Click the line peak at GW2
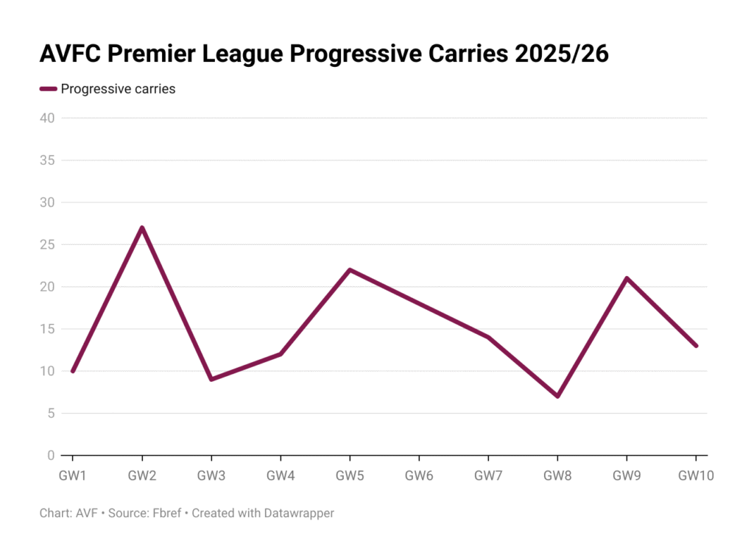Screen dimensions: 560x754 (x=142, y=227)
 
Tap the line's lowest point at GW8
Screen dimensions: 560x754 (x=557, y=396)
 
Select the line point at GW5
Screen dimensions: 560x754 (x=350, y=269)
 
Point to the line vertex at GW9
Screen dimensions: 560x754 (x=627, y=278)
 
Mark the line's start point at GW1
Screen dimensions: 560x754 (x=72, y=371)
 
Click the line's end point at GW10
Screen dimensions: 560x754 (x=696, y=346)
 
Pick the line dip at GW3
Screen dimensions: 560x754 (x=211, y=379)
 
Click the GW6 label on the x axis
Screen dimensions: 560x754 (x=419, y=476)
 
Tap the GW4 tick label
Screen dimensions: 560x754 (x=281, y=476)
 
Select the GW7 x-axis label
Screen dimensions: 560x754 (x=488, y=476)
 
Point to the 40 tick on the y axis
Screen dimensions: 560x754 (x=47, y=118)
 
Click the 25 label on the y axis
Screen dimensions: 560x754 (x=47, y=244)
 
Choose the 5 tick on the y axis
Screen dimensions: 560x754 (x=51, y=414)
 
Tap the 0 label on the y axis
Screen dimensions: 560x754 (x=51, y=456)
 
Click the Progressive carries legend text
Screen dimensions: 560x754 (x=118, y=89)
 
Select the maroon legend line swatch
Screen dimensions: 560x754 (x=48, y=89)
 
